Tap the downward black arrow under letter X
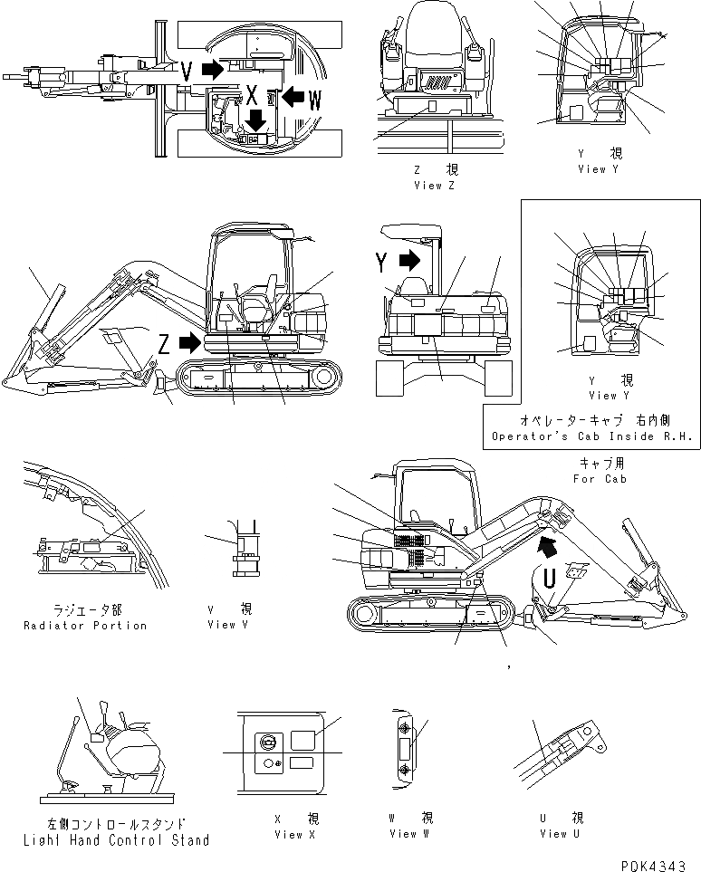pos(257,120)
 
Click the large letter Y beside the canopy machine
pos(381,264)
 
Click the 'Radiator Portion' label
pos(85,626)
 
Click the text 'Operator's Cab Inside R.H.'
pos(592,436)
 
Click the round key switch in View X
pos(269,741)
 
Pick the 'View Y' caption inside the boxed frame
pos(603,395)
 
